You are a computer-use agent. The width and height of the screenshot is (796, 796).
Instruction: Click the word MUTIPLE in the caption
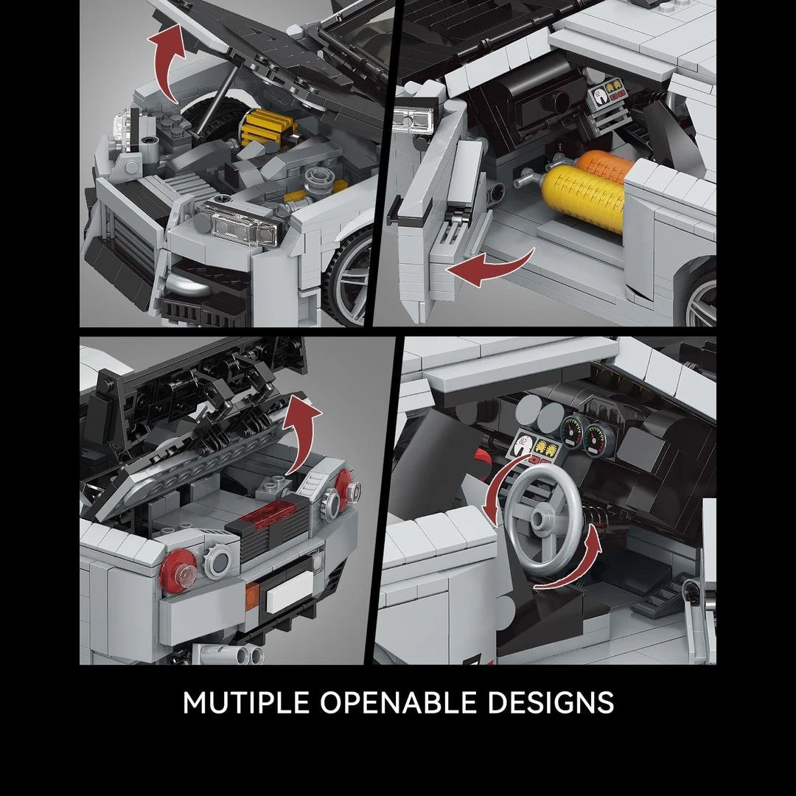(x=245, y=702)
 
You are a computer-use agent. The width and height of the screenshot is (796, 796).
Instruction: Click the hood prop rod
(x=216, y=99)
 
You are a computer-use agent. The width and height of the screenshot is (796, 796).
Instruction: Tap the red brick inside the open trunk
(x=268, y=516)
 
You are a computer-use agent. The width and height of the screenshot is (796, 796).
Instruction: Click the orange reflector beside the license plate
(x=252, y=596)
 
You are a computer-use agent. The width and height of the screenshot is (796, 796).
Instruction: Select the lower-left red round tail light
(x=178, y=571)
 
